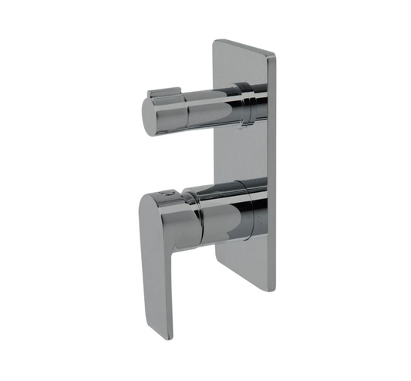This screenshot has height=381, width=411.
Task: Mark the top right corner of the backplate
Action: pyautogui.click(x=274, y=53)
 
